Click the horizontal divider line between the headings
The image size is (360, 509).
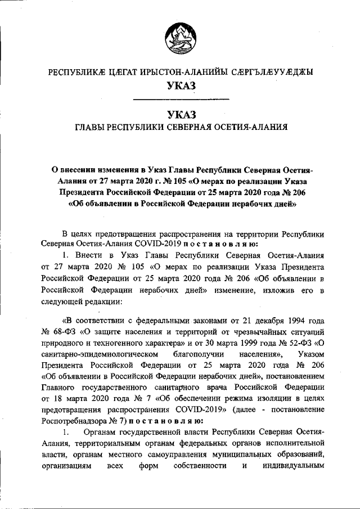coord(180,100)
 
